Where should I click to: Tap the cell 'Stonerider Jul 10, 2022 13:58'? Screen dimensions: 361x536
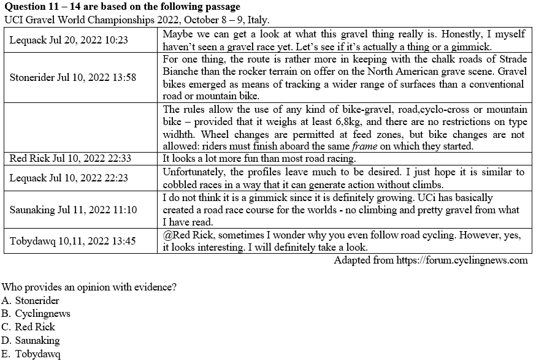pyautogui.click(x=73, y=78)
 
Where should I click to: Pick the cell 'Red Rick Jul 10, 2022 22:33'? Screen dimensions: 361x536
pyautogui.click(x=71, y=158)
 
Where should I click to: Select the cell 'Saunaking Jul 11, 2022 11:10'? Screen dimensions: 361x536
pyautogui.click(x=73, y=210)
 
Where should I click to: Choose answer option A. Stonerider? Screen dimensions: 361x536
pyautogui.click(x=31, y=300)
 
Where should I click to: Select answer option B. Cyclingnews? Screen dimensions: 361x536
pyautogui.click(x=36, y=314)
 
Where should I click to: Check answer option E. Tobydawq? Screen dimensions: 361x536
pyautogui.click(x=31, y=354)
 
